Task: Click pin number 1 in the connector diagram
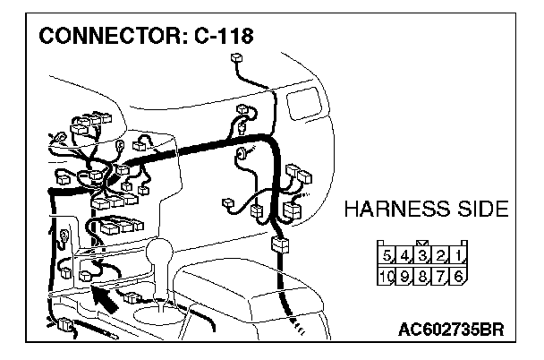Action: pyautogui.click(x=458, y=258)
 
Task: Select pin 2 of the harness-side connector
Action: pyautogui.click(x=441, y=258)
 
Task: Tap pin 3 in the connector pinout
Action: pyautogui.click(x=424, y=258)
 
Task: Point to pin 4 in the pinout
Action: pyautogui.click(x=406, y=258)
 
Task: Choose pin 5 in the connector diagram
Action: pyautogui.click(x=389, y=258)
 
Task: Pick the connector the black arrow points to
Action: pyautogui.click(x=86, y=276)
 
